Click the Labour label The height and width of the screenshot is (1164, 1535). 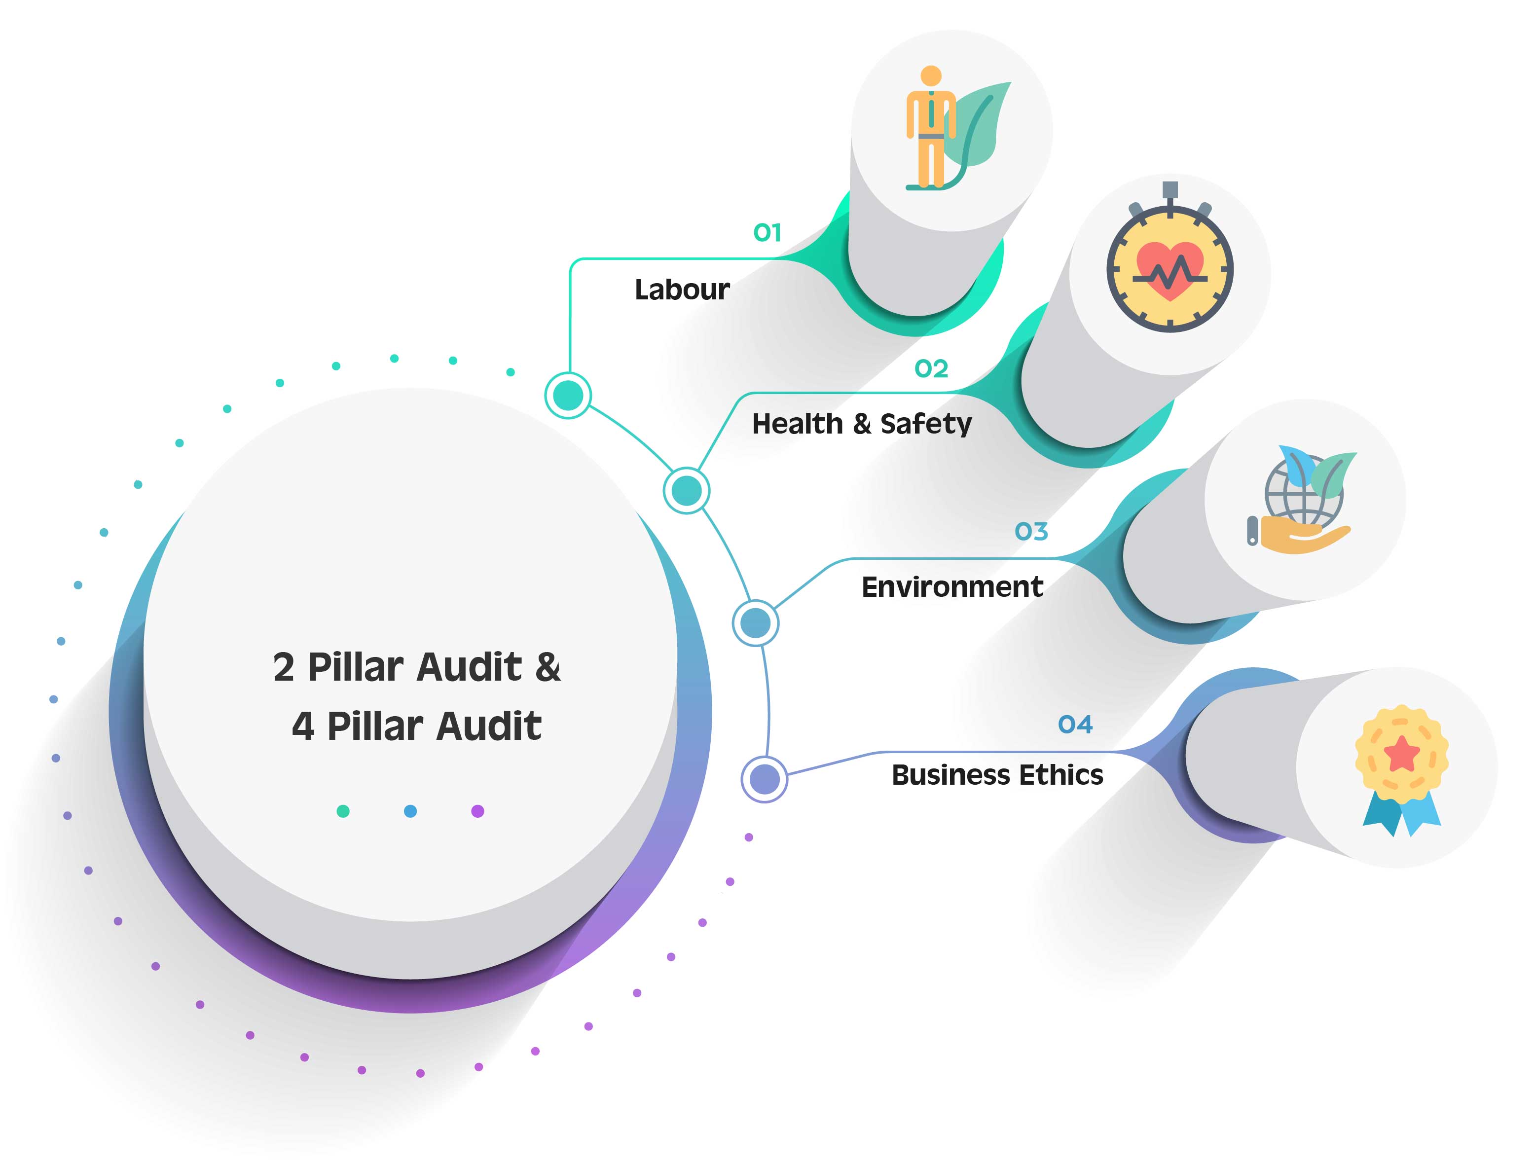682,290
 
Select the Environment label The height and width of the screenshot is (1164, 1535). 952,587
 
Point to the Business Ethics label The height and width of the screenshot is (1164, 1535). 997,775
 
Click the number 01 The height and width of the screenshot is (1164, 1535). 767,232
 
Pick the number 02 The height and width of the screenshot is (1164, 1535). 931,368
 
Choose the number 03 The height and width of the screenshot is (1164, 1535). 1031,532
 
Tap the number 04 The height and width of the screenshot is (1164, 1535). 1075,725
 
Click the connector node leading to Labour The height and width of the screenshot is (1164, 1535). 568,395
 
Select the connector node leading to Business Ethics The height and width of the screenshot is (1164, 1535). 764,779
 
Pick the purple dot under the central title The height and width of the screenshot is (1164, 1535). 477,811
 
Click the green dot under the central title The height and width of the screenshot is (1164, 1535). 343,811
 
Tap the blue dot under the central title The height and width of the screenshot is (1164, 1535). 410,811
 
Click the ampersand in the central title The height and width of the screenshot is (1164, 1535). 548,667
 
